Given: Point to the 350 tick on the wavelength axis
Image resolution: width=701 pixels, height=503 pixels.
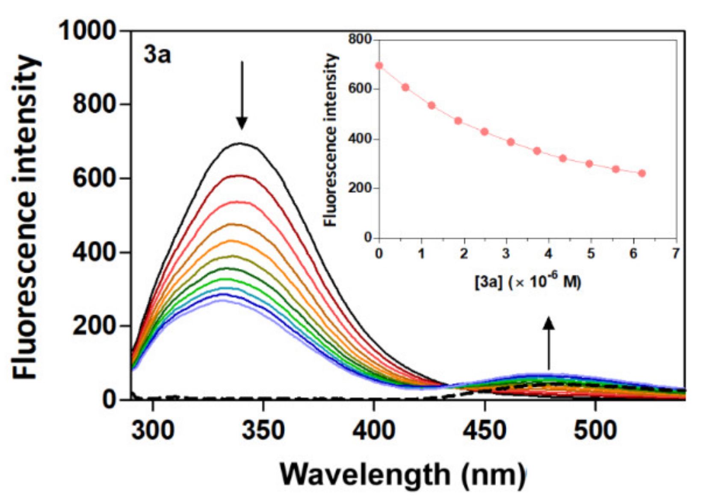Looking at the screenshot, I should click(263, 430).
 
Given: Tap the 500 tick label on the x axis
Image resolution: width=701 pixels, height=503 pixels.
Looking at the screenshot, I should click(595, 430).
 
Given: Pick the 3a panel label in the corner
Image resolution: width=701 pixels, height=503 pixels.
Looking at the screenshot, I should click(157, 55).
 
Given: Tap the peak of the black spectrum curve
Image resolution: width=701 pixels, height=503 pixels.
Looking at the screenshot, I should click(240, 143).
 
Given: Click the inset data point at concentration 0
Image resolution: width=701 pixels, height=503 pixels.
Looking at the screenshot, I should click(379, 65).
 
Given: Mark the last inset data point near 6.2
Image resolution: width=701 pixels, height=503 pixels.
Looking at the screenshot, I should click(642, 173).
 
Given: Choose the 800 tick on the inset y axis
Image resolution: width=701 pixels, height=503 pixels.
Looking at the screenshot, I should click(360, 40).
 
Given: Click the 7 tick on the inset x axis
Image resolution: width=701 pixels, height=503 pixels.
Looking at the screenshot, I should click(675, 254).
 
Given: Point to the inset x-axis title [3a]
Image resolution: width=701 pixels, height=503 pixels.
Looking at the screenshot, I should click(528, 282).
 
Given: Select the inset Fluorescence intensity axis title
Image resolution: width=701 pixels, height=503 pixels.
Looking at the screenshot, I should click(331, 140).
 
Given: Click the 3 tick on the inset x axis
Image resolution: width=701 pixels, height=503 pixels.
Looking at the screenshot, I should click(506, 254).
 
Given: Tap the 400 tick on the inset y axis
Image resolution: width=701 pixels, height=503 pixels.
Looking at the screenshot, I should click(360, 139).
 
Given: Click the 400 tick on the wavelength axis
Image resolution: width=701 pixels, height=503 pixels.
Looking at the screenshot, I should click(373, 430).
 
